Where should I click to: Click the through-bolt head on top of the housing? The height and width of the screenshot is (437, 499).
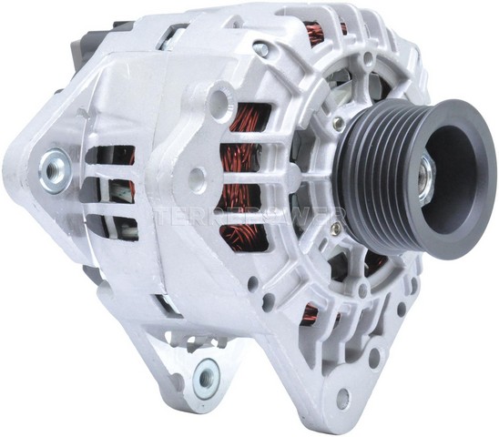[262, 50]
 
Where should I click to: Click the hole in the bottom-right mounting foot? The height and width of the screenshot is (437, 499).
[342, 398]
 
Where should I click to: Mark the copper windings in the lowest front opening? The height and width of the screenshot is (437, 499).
[310, 314]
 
